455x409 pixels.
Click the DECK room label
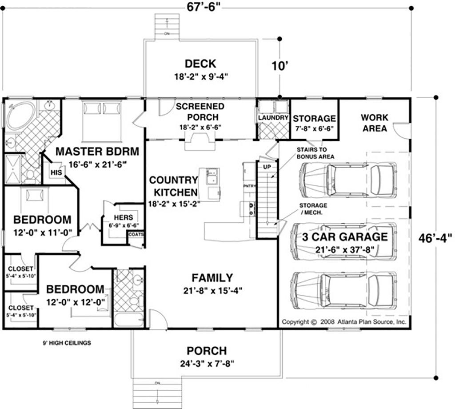200,63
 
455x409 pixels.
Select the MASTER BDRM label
97,151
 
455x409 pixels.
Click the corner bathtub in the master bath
20,115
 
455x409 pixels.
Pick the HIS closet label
56,172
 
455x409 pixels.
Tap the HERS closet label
120,217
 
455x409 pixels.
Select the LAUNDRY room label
273,118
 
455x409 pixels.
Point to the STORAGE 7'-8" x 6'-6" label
314,119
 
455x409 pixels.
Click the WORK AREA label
374,123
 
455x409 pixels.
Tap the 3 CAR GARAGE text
345,237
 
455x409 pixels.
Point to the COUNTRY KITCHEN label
173,186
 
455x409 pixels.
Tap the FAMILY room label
212,278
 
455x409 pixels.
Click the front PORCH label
206,351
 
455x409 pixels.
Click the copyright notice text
343,322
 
